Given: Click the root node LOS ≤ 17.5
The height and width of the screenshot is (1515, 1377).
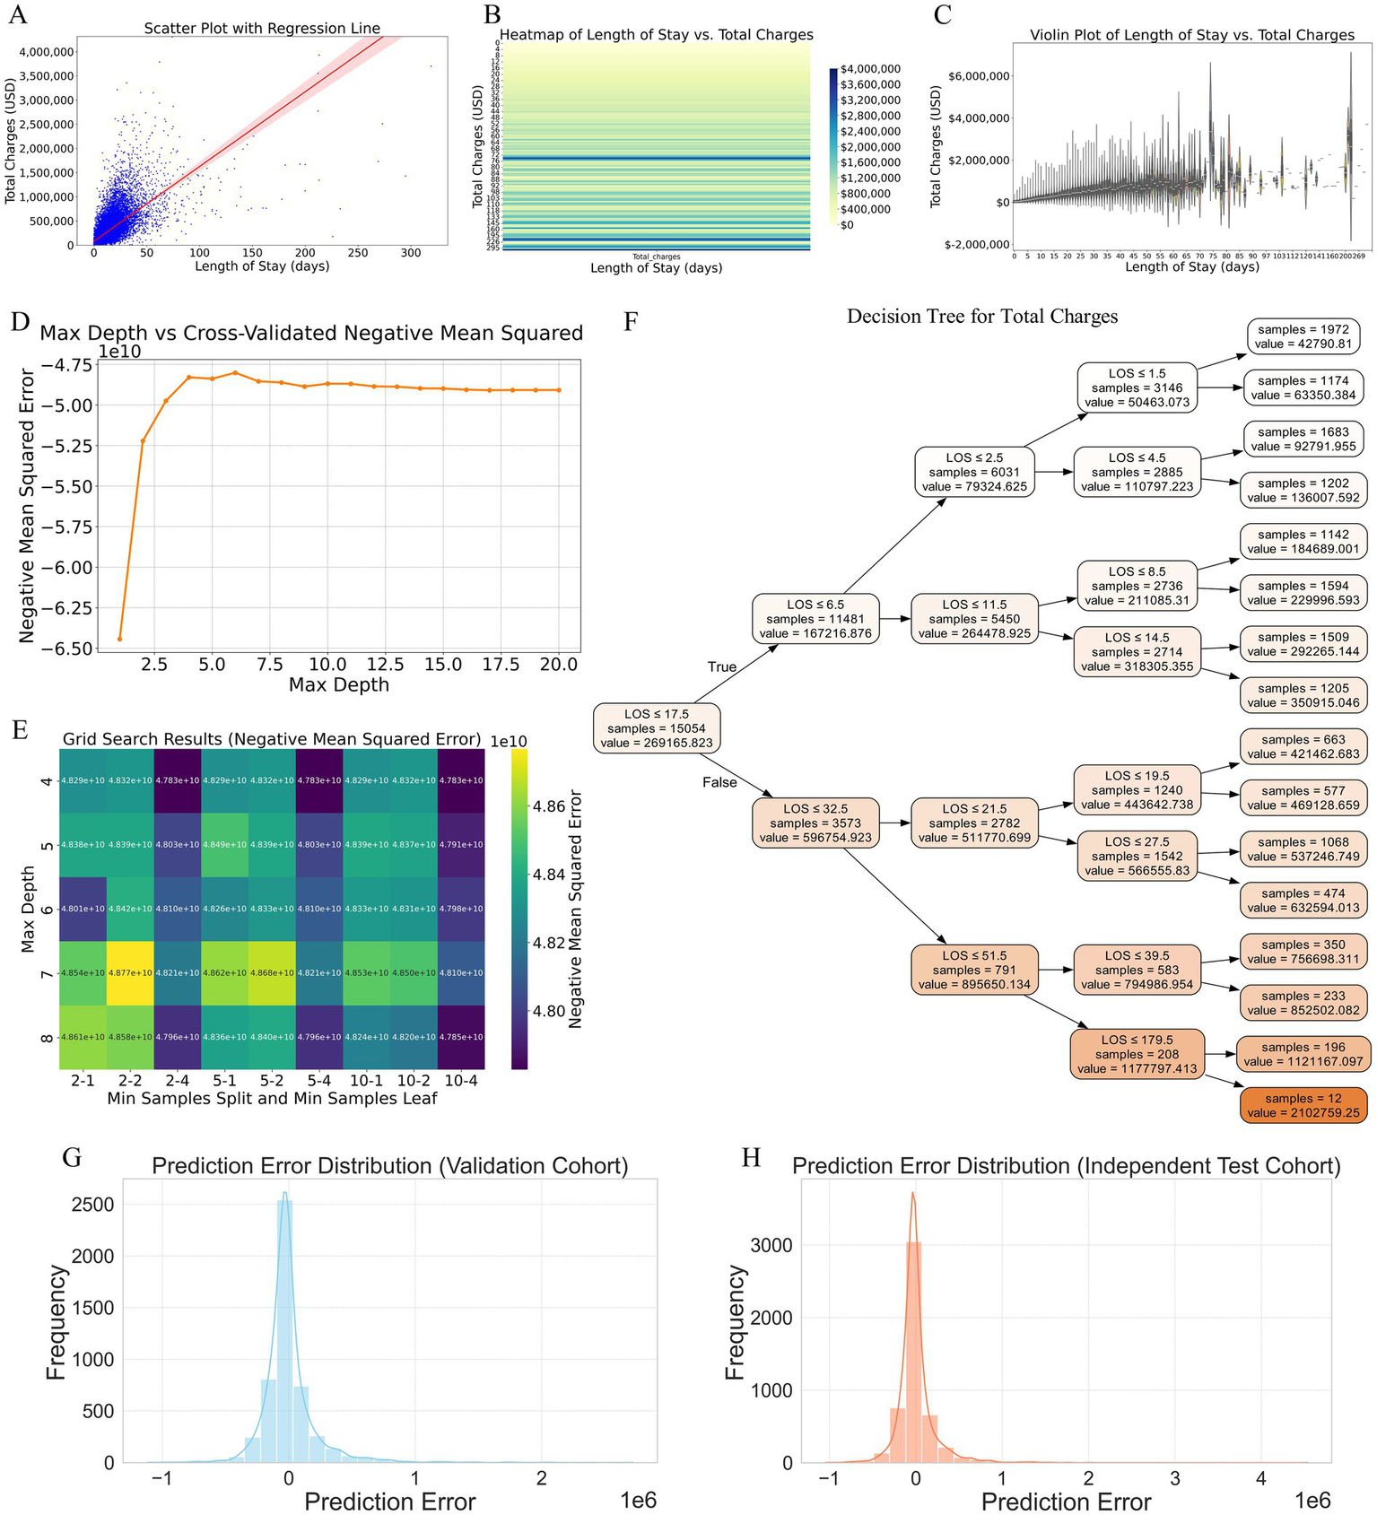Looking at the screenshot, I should click(x=657, y=728).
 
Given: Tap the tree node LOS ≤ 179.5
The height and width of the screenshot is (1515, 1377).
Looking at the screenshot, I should click(x=1137, y=1054).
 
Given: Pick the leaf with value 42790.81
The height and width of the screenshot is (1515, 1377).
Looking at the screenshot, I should click(x=1303, y=336).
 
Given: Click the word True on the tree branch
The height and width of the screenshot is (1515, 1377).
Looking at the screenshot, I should click(x=722, y=666).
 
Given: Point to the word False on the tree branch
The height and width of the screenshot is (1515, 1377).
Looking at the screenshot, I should click(x=719, y=782).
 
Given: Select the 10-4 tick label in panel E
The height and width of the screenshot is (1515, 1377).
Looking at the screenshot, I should click(x=461, y=1082).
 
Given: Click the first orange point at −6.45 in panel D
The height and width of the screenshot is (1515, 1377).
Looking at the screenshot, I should click(x=119, y=639).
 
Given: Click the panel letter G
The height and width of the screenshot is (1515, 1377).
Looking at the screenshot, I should click(x=73, y=1158).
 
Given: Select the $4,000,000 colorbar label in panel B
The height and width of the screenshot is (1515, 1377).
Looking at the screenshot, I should click(x=871, y=69).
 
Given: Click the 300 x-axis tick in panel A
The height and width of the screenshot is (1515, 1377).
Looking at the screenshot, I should click(x=410, y=253).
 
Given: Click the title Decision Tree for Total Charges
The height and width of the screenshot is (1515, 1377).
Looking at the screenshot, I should click(x=982, y=316).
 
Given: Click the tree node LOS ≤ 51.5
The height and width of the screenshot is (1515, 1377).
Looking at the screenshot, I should click(x=975, y=970).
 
